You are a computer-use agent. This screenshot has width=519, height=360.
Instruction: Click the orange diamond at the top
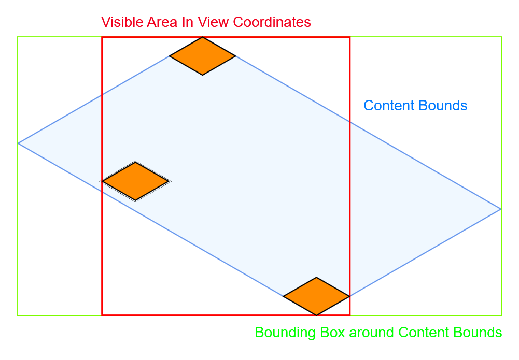click(203, 56)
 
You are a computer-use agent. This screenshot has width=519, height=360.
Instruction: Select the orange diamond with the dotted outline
click(135, 181)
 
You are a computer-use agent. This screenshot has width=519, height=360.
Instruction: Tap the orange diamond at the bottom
click(316, 296)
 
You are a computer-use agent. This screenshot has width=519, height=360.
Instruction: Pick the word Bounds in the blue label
click(444, 106)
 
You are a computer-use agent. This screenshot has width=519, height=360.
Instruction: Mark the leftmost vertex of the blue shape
click(18, 143)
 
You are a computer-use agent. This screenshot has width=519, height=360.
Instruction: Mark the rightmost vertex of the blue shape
click(501, 209)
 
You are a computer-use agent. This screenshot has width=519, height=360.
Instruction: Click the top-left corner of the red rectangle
click(102, 37)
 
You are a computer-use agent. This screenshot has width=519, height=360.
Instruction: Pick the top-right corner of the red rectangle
click(349, 37)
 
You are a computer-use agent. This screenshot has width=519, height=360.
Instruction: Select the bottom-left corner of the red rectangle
click(102, 314)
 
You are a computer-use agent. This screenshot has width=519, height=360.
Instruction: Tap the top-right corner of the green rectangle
click(502, 37)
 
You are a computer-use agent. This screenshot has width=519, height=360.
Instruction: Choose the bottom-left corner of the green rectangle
click(17, 315)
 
